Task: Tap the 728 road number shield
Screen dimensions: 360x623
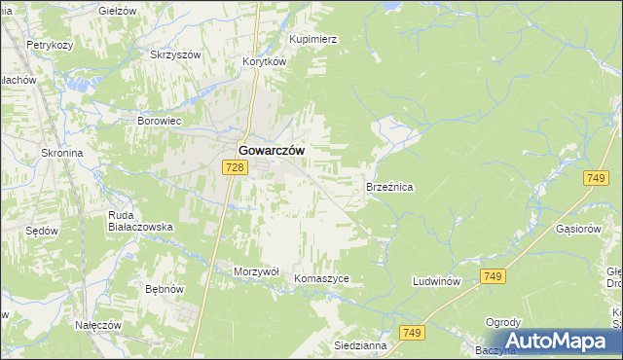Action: pyautogui.click(x=234, y=167)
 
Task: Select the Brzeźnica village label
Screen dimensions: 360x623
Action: pyautogui.click(x=389, y=185)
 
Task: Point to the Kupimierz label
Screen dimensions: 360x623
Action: pyautogui.click(x=312, y=39)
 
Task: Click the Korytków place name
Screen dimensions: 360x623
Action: pyautogui.click(x=264, y=60)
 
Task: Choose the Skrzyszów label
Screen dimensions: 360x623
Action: pyautogui.click(x=174, y=54)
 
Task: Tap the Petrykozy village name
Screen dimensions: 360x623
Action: pyautogui.click(x=51, y=45)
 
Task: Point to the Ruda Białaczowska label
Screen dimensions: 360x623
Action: pyautogui.click(x=139, y=220)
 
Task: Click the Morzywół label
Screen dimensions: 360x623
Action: pyautogui.click(x=257, y=271)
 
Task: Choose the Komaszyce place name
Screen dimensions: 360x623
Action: pyautogui.click(x=321, y=277)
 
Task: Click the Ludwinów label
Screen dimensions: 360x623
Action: pyautogui.click(x=435, y=280)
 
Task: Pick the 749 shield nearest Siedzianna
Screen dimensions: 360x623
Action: pyautogui.click(x=411, y=333)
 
